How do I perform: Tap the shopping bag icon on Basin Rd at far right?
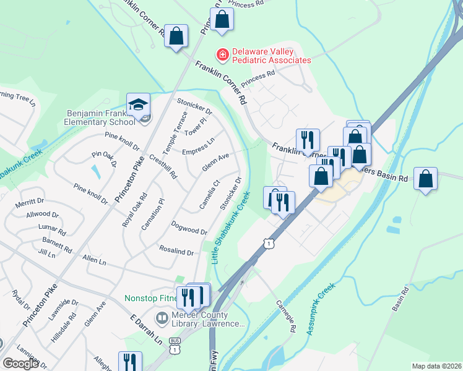tap(425, 180)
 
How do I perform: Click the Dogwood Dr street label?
tap(189, 227)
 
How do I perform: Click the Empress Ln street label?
tap(198, 147)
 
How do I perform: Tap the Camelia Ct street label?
tap(210, 194)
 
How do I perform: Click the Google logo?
tap(20, 363)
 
